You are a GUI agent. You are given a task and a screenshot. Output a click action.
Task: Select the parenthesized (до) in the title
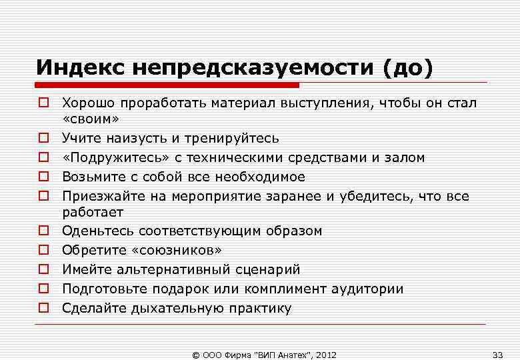tap(407, 67)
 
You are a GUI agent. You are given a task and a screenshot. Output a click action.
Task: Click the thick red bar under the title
tap(167, 85)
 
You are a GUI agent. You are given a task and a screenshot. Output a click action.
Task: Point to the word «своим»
tap(90, 119)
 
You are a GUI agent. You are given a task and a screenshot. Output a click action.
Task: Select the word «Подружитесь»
tap(103, 157)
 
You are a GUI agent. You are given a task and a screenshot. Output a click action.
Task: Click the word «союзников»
tap(177, 250)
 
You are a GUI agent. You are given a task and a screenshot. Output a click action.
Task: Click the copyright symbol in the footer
tap(195, 354)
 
